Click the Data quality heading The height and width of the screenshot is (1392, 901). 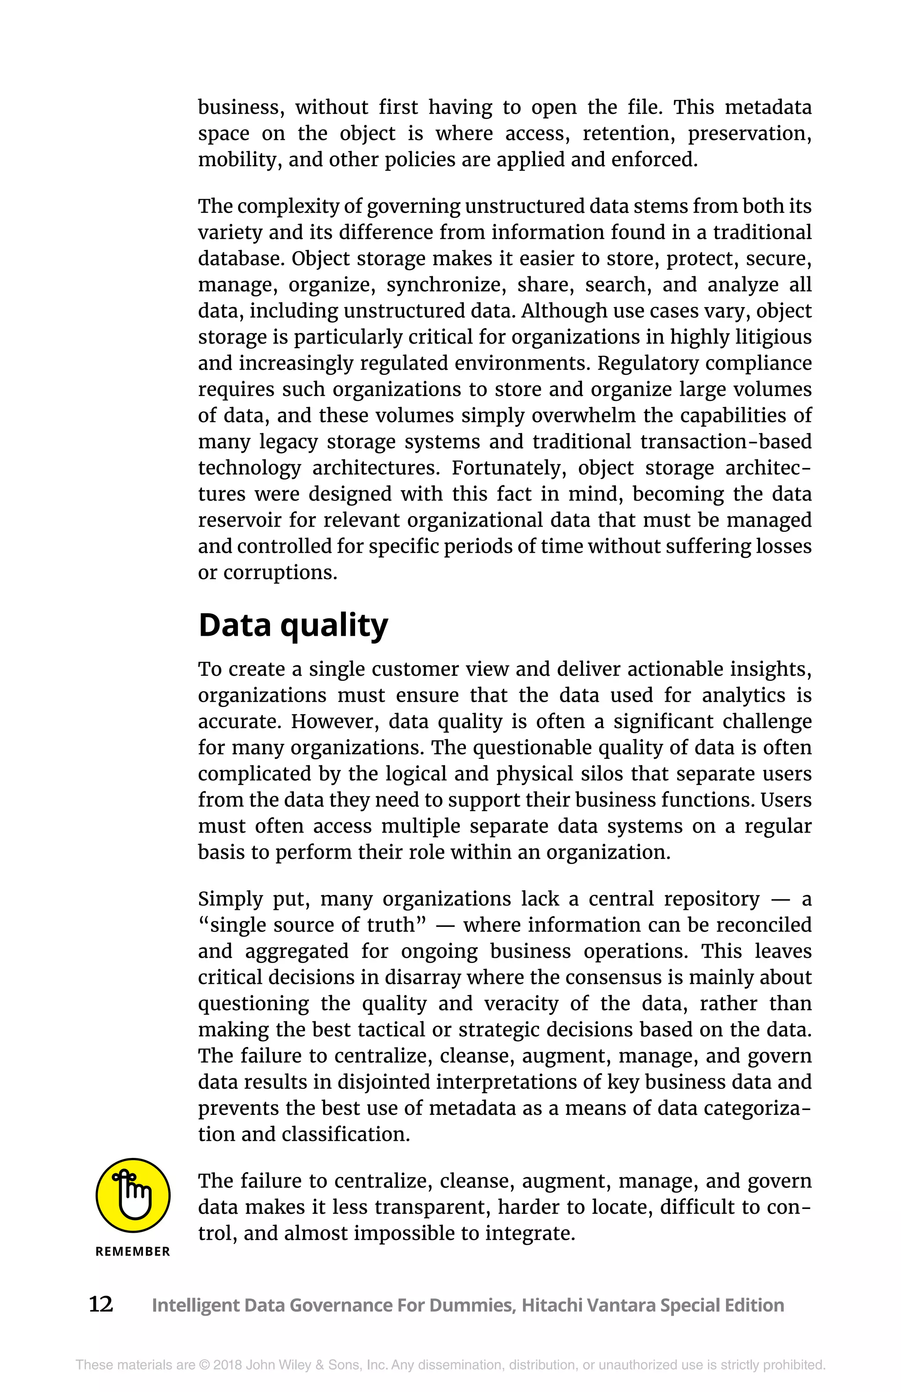(x=293, y=626)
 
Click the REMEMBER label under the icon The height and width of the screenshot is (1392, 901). (x=133, y=1252)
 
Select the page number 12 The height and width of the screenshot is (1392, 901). (x=101, y=1304)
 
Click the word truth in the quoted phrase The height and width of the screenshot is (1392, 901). (x=395, y=925)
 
